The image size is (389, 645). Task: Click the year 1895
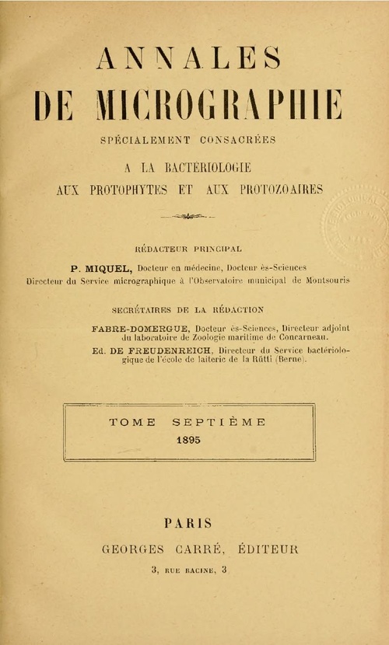pyautogui.click(x=187, y=439)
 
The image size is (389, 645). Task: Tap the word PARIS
pyautogui.click(x=188, y=524)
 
